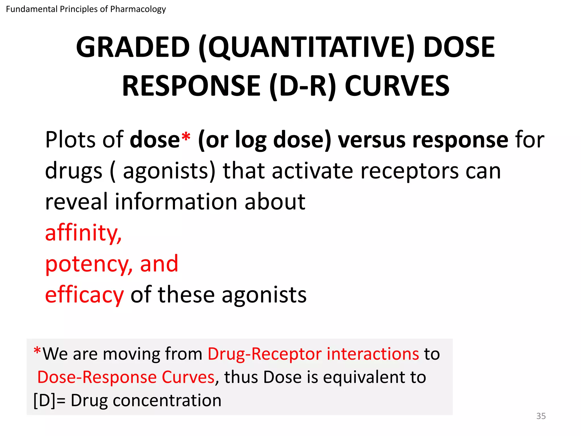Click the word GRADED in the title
coord(133,47)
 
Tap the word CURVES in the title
coord(397,86)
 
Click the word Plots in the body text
coord(70,140)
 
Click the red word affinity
coord(83,233)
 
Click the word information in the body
coord(176,202)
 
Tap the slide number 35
coord(541,416)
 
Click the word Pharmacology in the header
coord(138,9)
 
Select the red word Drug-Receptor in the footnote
coord(264,354)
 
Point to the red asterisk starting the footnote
coord(37,351)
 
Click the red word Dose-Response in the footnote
coord(97,377)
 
